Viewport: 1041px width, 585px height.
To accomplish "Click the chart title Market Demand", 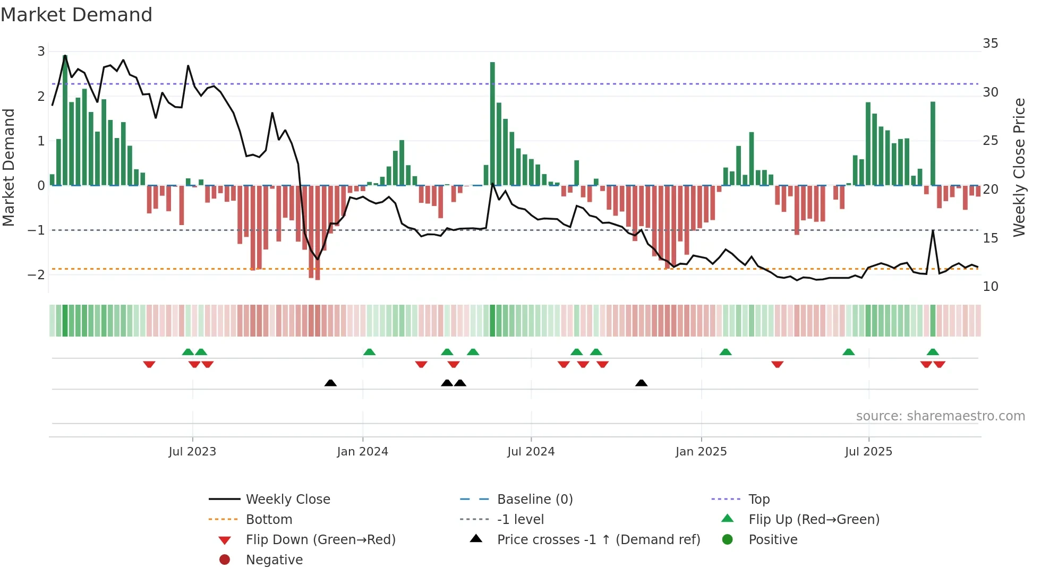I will point(76,15).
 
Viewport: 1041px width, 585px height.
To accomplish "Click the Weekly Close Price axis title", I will point(1019,167).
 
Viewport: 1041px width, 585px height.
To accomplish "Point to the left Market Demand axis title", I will point(8,167).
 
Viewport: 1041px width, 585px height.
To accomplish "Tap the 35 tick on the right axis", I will point(990,44).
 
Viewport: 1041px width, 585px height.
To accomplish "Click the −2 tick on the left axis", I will point(36,274).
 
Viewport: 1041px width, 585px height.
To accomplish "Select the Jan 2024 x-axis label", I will point(362,452).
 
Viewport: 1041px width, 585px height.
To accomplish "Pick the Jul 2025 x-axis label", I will point(868,452).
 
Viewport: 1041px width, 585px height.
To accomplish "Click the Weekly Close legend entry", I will point(288,500).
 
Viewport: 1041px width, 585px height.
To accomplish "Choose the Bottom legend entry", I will point(269,520).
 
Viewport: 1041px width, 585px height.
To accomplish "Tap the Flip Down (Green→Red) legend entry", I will point(320,540).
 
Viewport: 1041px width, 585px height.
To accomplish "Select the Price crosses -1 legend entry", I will point(599,540).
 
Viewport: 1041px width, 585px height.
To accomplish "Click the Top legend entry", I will point(759,500).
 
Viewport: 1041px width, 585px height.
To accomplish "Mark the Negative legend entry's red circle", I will point(225,560).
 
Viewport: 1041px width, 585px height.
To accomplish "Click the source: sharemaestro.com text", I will point(940,416).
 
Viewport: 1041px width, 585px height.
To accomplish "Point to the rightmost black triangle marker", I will point(641,383).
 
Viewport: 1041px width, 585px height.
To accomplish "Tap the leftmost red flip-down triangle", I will point(149,364).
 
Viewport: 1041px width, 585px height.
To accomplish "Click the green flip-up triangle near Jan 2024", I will point(369,352).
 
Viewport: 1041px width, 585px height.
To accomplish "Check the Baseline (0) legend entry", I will point(535,500).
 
